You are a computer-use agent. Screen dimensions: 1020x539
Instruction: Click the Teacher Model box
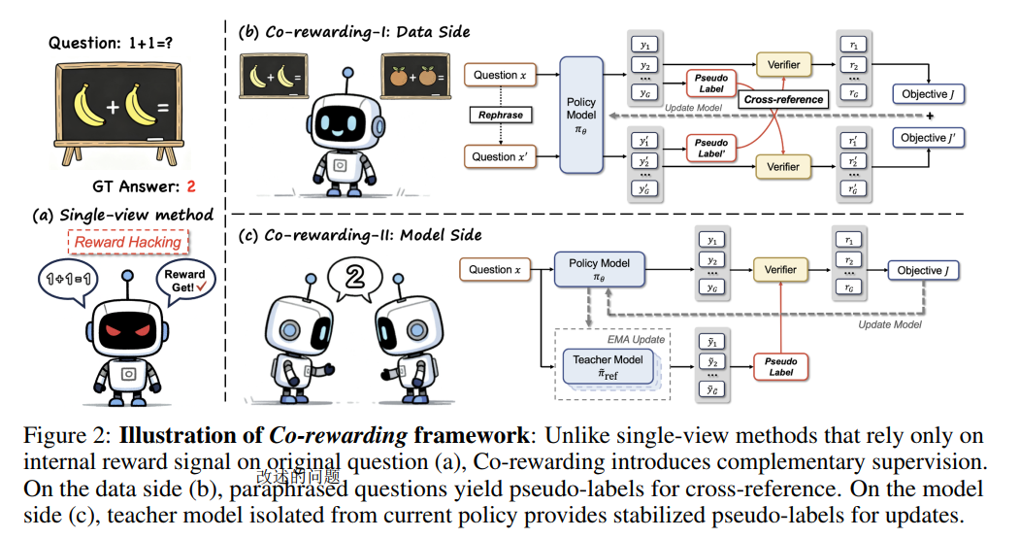click(x=608, y=367)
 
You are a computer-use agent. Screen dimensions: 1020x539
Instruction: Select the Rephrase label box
click(x=500, y=115)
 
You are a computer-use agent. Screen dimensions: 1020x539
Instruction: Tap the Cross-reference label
click(x=783, y=100)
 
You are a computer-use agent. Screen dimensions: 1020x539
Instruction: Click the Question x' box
click(x=500, y=156)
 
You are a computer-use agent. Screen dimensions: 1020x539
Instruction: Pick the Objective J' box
click(x=928, y=137)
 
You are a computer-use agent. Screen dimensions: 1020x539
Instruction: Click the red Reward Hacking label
click(x=127, y=242)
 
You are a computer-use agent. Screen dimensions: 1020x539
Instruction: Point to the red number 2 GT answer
click(x=191, y=186)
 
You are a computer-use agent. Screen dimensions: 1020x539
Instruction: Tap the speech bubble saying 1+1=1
click(x=68, y=281)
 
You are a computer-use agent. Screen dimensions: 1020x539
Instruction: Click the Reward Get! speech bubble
click(x=184, y=282)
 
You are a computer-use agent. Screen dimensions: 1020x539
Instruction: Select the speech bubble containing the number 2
click(x=354, y=279)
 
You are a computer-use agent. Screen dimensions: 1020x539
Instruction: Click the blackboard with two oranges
click(x=415, y=76)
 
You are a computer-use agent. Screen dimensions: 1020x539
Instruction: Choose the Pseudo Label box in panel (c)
click(x=780, y=366)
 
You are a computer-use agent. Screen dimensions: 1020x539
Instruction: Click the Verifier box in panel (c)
click(x=780, y=270)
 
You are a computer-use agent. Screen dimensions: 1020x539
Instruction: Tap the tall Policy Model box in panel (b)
click(x=581, y=115)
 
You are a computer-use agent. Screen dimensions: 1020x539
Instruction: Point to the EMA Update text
click(x=636, y=339)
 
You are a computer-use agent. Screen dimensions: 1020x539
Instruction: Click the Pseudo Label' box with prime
click(x=711, y=148)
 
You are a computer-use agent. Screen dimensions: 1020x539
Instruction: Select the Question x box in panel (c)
click(x=494, y=270)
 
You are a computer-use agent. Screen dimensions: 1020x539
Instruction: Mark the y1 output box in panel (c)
click(x=712, y=240)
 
